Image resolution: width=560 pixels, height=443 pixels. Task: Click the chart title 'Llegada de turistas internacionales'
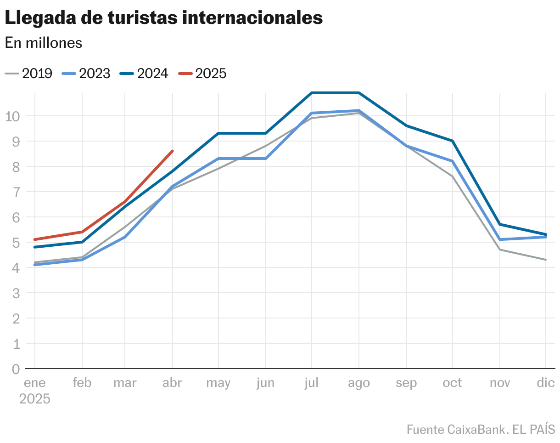tap(163, 18)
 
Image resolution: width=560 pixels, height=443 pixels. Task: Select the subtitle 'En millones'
tap(44, 43)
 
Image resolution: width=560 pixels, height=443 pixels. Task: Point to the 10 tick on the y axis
tap(14, 116)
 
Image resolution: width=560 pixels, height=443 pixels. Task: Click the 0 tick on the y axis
tap(16, 369)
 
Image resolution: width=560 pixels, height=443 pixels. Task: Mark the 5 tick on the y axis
tap(16, 242)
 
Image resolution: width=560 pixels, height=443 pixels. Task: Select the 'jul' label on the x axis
tap(311, 383)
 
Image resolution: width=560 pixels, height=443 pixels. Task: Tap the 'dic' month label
tap(546, 383)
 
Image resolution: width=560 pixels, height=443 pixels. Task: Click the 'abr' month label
tap(172, 383)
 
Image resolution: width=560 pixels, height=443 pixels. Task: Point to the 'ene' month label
tap(34, 383)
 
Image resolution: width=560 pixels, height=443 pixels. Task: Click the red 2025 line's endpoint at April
tap(172, 151)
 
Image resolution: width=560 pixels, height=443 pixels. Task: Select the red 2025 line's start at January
tap(35, 239)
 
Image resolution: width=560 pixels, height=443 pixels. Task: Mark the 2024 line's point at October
tap(453, 141)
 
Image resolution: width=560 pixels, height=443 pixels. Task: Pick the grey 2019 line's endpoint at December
tap(545, 260)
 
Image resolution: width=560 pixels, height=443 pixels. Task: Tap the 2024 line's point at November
tap(499, 224)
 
